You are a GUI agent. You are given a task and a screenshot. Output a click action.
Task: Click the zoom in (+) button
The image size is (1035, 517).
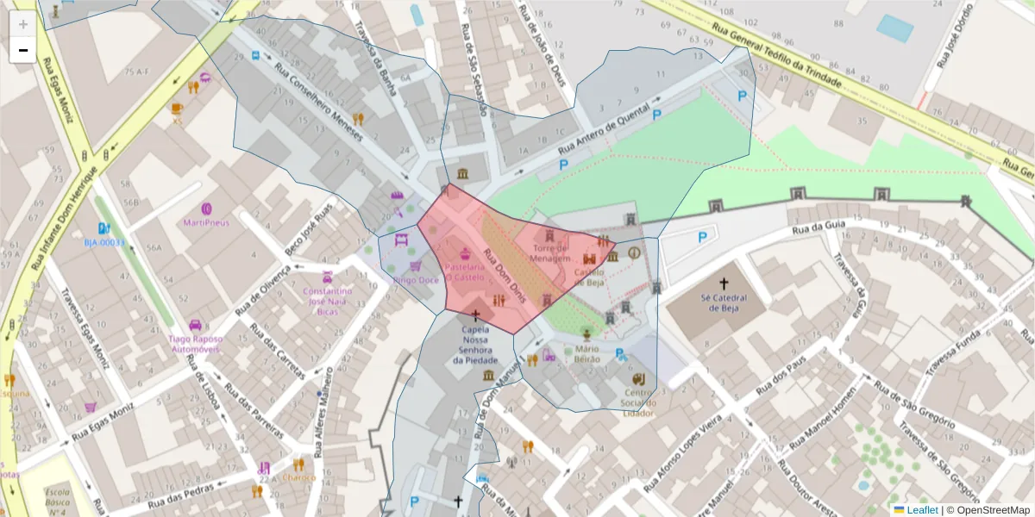[23, 24]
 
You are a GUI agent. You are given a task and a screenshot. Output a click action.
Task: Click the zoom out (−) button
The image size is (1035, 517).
[23, 50]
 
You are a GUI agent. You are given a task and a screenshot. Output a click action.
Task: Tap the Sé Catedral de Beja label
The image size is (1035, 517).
[723, 304]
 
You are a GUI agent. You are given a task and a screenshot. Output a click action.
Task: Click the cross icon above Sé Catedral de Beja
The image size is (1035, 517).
[724, 283]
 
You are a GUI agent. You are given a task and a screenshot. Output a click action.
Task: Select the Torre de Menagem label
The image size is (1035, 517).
[550, 253]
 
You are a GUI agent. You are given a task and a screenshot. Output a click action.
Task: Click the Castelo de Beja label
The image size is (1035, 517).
[589, 276]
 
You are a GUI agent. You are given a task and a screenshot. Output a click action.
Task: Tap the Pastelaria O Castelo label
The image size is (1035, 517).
[465, 272]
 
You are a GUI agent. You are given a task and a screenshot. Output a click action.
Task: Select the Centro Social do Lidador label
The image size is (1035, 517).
[638, 402]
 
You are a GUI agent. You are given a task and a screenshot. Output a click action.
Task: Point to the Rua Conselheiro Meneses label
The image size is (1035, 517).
[320, 97]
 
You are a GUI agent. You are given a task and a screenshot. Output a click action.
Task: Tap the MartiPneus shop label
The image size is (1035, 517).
[206, 221]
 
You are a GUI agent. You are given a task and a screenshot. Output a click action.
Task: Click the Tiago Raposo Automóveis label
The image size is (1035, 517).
[195, 345]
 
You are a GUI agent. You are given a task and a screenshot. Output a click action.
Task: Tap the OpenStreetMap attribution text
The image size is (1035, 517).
[988, 510]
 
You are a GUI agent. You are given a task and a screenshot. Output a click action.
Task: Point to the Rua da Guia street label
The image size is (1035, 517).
[817, 228]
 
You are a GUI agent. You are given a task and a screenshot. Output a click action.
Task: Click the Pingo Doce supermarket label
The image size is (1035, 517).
[416, 280]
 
